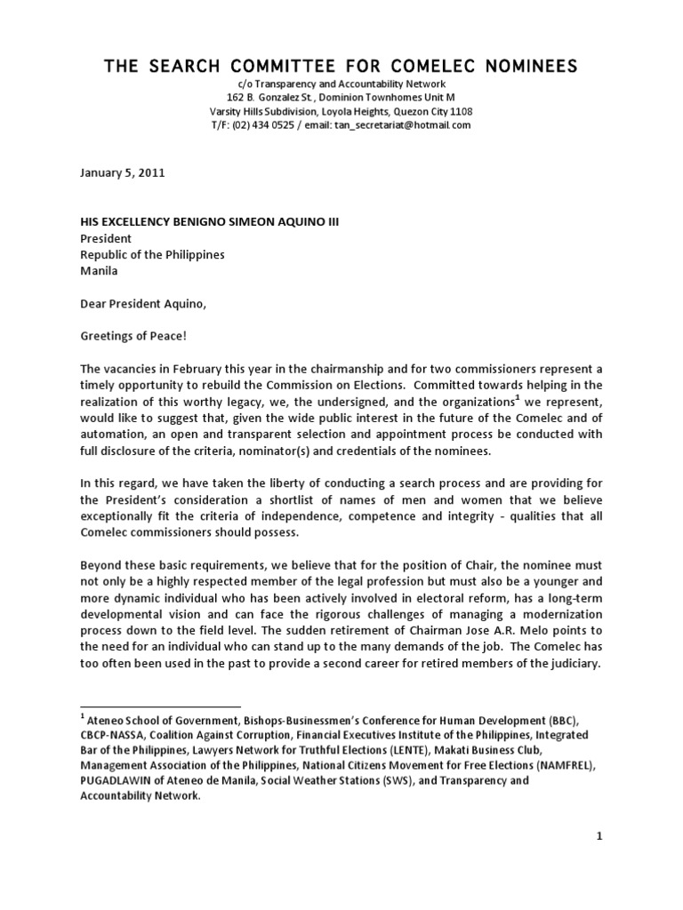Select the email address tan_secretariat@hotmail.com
(402, 126)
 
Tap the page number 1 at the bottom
(599, 834)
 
